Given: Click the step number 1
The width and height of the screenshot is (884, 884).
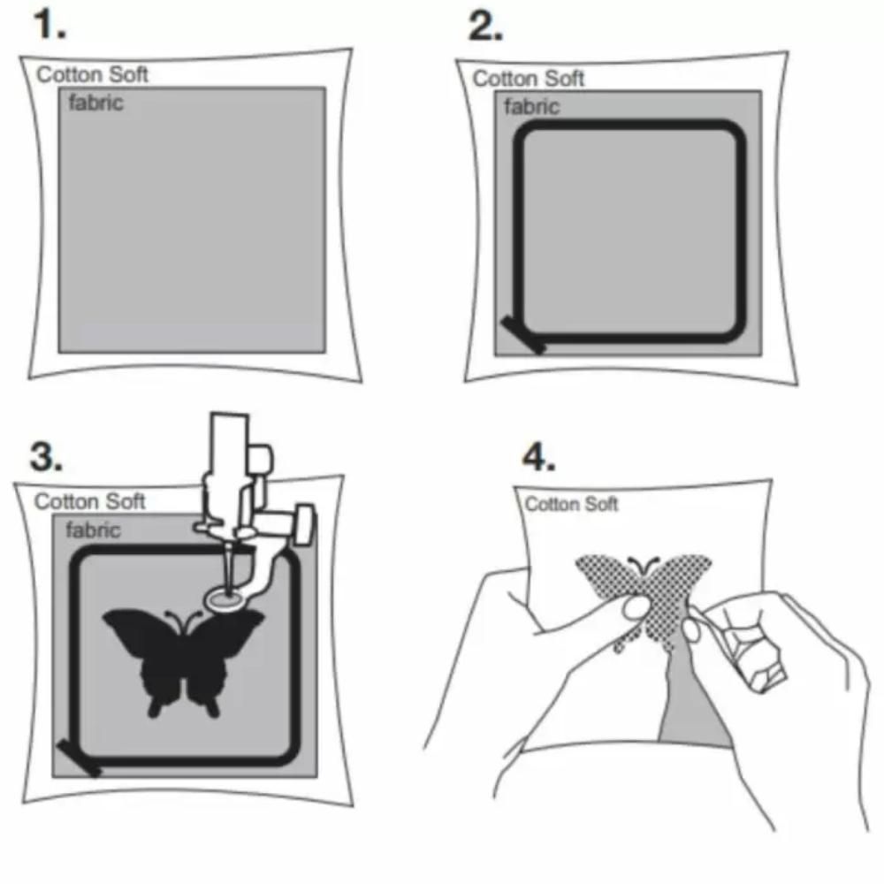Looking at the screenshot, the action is click(x=50, y=26).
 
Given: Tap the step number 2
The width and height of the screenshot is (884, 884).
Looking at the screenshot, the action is click(x=485, y=27).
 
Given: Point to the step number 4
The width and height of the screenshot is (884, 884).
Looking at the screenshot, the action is click(x=538, y=457).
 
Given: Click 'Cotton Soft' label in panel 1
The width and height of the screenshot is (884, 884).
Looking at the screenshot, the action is click(x=93, y=74).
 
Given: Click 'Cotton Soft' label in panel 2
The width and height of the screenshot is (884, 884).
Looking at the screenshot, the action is click(x=529, y=79).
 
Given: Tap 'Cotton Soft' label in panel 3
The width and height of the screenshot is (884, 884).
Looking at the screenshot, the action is click(x=89, y=501).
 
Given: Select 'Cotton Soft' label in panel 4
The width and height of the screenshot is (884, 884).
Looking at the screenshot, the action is click(x=571, y=504).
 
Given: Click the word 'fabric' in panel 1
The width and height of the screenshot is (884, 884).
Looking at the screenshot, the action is click(x=95, y=103).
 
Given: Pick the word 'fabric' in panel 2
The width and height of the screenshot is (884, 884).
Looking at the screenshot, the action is click(x=531, y=107).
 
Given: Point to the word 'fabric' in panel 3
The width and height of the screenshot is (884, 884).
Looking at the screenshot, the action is click(x=93, y=530).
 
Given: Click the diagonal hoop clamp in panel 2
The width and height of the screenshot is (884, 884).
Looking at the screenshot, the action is click(x=524, y=335).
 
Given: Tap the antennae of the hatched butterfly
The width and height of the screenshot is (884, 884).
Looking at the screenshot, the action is click(x=644, y=563).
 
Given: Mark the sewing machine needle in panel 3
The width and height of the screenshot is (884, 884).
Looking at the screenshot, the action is click(x=228, y=569).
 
